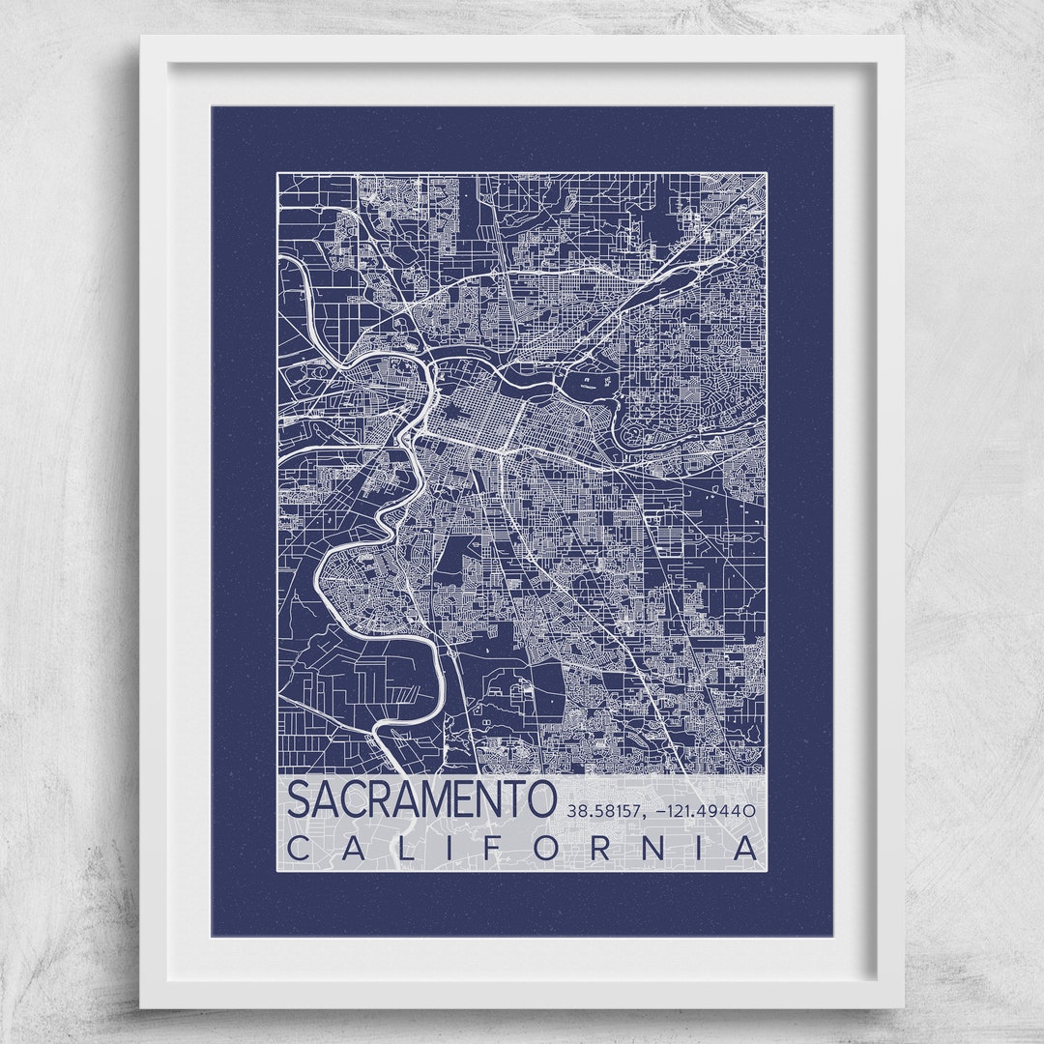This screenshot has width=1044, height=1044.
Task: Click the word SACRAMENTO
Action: click(422, 800)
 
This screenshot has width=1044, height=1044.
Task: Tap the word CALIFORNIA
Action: click(522, 849)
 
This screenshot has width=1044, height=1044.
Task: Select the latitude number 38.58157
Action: click(601, 811)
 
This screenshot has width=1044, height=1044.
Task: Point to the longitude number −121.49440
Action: click(705, 811)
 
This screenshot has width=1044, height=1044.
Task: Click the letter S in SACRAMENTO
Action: click(300, 800)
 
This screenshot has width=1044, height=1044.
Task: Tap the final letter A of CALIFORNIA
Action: click(745, 849)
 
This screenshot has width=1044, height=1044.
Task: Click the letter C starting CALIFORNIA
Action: click(301, 849)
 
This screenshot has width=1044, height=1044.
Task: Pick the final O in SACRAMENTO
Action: click(542, 800)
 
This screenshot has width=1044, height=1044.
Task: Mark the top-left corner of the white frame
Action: click(141, 38)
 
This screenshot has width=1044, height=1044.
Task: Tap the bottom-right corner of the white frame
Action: click(903, 1006)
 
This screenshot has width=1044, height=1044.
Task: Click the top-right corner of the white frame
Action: click(903, 38)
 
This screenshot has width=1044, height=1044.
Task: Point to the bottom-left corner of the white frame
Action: click(141, 1006)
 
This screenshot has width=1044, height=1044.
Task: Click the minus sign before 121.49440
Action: click(660, 812)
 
